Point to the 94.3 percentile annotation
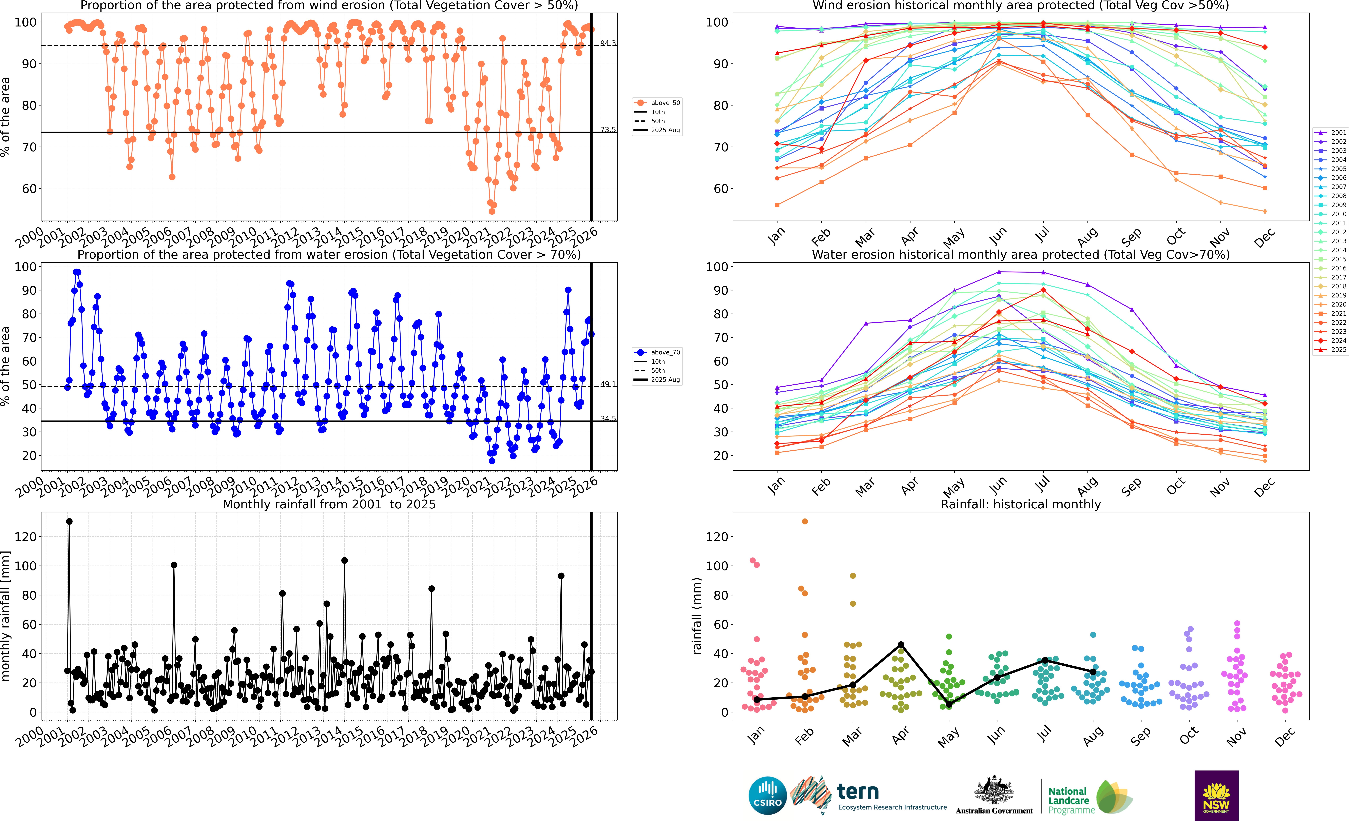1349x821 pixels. [x=608, y=43]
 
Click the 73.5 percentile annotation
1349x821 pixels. [x=608, y=130]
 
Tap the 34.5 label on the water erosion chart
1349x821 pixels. [x=608, y=419]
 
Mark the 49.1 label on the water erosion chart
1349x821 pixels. [x=608, y=384]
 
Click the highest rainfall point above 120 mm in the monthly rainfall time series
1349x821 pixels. [x=69, y=522]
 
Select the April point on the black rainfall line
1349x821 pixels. [x=901, y=645]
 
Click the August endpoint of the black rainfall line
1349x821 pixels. [x=1093, y=672]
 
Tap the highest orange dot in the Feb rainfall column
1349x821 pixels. [x=804, y=522]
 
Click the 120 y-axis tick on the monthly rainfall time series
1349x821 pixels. [x=26, y=537]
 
